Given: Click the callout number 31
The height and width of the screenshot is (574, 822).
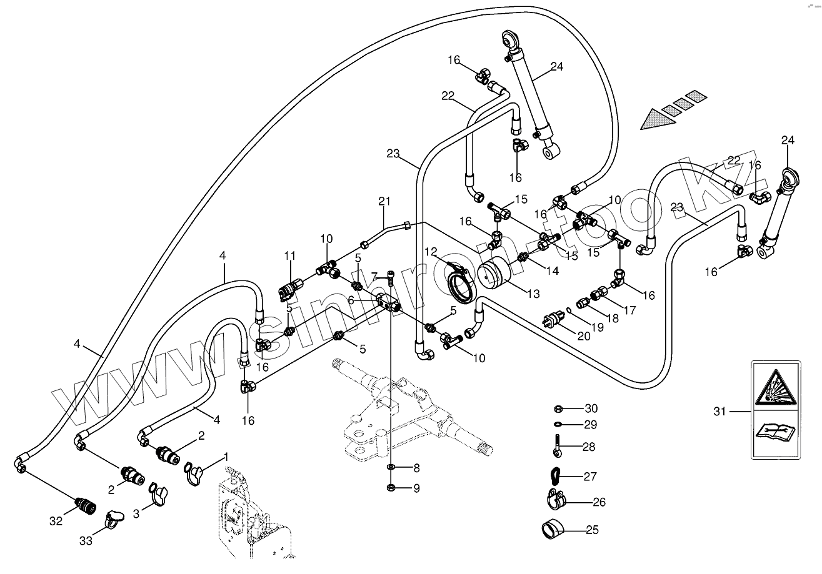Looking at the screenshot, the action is click(719, 412).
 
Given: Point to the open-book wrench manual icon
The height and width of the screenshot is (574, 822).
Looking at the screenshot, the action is click(776, 432).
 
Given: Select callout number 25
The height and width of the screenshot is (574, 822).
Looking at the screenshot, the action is click(593, 530).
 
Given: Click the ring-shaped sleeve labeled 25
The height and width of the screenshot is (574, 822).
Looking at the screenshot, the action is click(553, 530).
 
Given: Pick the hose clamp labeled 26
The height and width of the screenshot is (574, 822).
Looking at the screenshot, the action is click(555, 500).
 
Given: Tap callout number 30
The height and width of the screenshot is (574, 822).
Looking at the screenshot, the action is click(591, 408).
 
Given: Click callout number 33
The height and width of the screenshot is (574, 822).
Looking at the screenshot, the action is click(86, 541).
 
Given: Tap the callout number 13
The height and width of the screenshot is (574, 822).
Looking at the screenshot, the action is click(534, 294).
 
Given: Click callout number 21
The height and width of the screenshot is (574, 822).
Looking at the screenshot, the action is click(384, 201).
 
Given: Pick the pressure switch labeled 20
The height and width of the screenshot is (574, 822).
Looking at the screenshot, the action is click(553, 318).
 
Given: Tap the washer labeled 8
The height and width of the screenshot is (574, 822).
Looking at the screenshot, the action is click(391, 467).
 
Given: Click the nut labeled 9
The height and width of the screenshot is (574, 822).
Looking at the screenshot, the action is click(391, 487).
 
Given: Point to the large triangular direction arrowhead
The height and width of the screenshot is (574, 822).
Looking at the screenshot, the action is click(658, 119).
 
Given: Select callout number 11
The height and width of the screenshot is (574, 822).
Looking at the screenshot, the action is click(290, 255).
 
